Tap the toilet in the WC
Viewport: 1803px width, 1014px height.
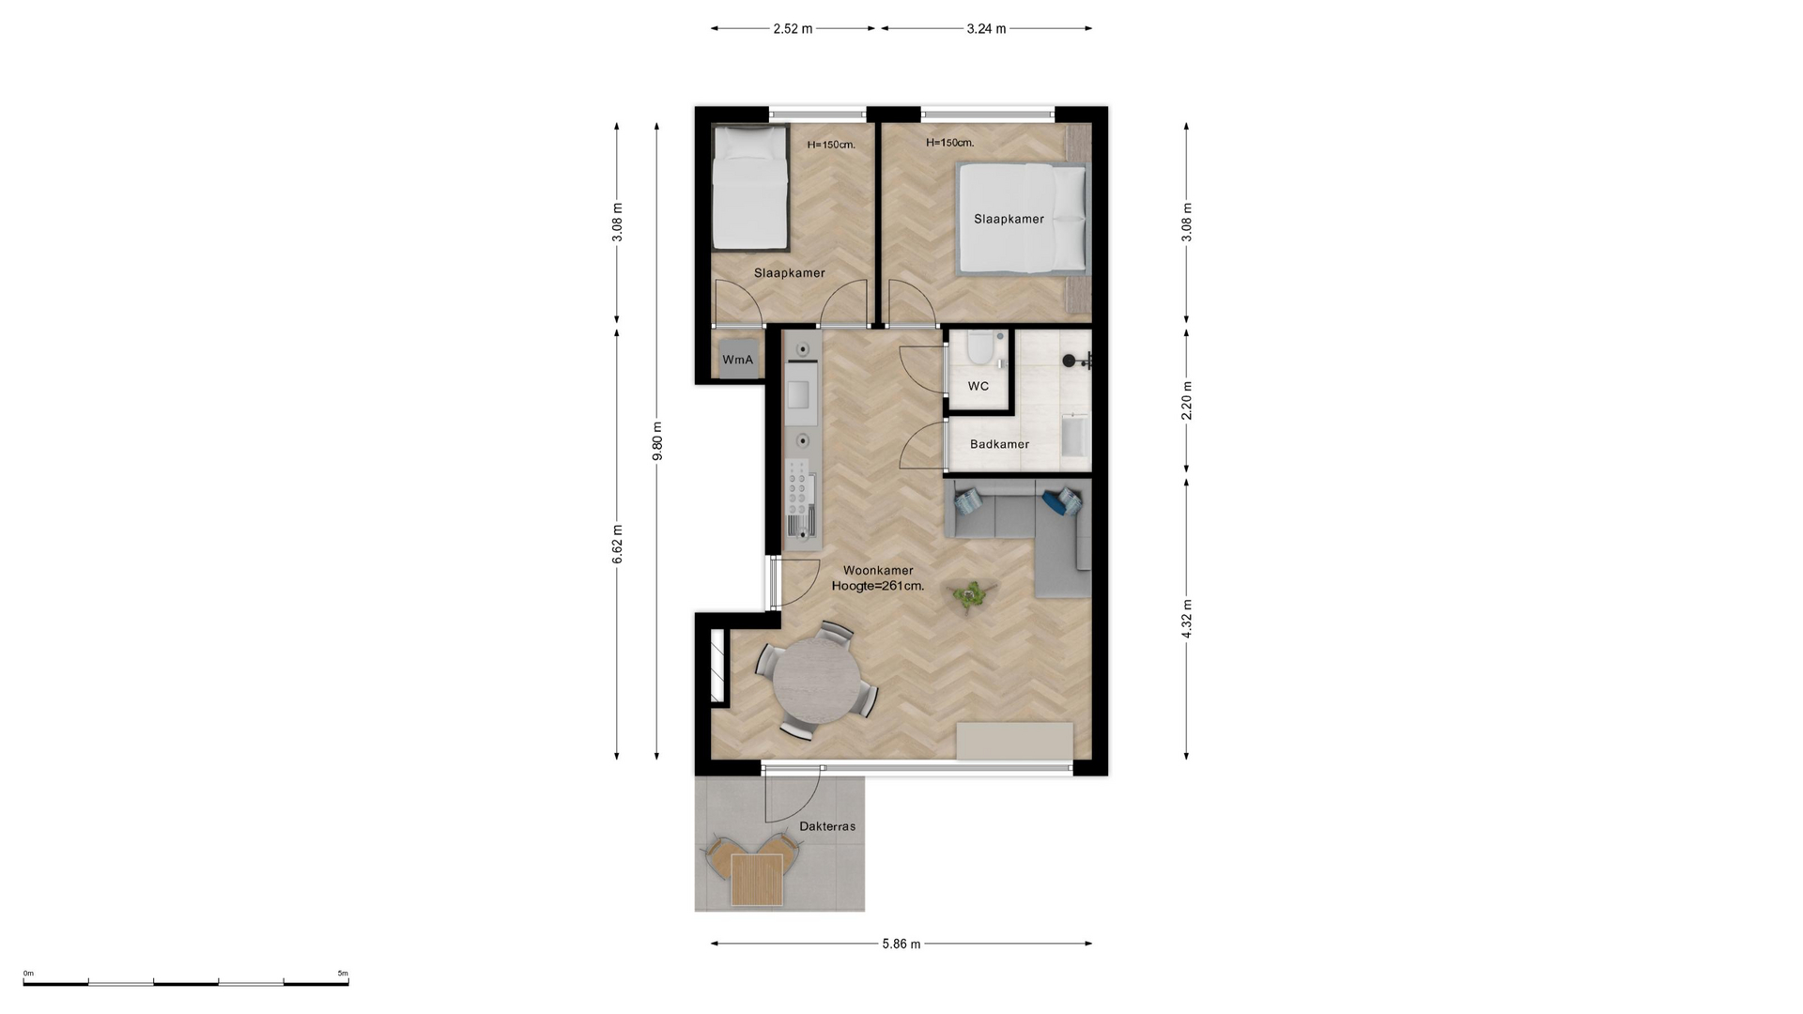pos(980,348)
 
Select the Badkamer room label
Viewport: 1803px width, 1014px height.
pos(999,444)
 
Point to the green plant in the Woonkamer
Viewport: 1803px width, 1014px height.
pos(970,594)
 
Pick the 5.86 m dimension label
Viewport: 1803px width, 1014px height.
pos(901,944)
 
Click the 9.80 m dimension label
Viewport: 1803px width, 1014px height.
pos(657,441)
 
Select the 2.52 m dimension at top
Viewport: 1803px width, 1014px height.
pos(793,28)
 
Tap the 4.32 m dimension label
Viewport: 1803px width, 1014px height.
pos(1187,619)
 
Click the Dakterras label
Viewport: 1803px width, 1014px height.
pos(827,826)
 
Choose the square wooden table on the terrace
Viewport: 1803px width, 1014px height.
pos(757,880)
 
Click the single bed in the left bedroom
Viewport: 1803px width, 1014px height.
pos(749,188)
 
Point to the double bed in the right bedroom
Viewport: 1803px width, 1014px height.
pos(1022,219)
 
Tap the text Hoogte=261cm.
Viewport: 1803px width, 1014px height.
pos(878,586)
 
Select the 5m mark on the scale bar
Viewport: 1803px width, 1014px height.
pos(343,974)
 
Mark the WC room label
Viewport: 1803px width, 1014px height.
pos(979,386)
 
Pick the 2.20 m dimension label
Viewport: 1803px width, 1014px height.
pos(1187,400)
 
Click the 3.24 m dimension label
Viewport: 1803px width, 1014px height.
pos(986,28)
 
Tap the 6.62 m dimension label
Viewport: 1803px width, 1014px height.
pos(618,545)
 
